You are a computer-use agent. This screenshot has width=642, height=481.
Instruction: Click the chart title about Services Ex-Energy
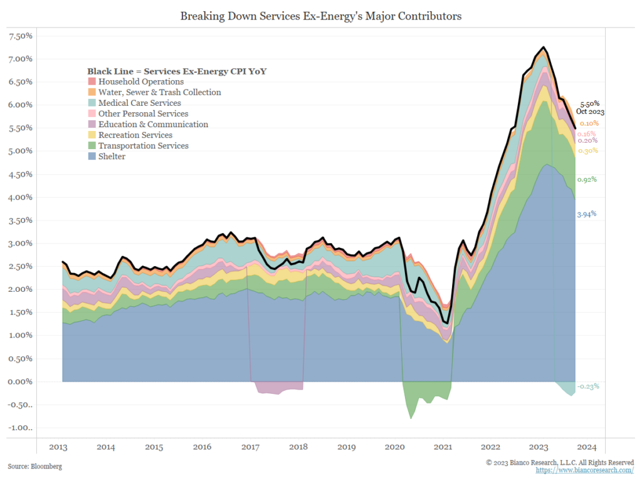point(320,16)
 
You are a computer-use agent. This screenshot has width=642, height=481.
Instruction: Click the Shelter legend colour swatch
point(92,157)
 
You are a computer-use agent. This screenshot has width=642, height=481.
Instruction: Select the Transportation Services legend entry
point(143,146)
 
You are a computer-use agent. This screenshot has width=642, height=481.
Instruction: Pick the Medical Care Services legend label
point(139,103)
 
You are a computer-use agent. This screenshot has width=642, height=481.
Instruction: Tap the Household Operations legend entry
point(140,81)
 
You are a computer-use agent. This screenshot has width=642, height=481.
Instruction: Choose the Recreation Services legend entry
point(135,135)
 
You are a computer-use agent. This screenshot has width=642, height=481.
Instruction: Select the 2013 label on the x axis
point(58,447)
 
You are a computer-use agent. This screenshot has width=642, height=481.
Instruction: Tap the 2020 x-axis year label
point(395,447)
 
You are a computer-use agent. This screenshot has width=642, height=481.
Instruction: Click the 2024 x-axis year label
point(587,447)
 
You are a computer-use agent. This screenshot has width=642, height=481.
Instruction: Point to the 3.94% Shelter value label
point(586,214)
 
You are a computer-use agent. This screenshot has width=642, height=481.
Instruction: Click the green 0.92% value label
point(586,180)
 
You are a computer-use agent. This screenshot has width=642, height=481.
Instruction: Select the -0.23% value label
point(587,386)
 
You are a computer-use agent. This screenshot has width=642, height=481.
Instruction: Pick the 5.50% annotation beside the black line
point(589,104)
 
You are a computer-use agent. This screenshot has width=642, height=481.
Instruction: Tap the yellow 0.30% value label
point(587,151)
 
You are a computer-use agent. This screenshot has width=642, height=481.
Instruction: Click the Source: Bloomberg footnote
point(35,467)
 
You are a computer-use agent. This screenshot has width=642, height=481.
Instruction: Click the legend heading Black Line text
point(177,71)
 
